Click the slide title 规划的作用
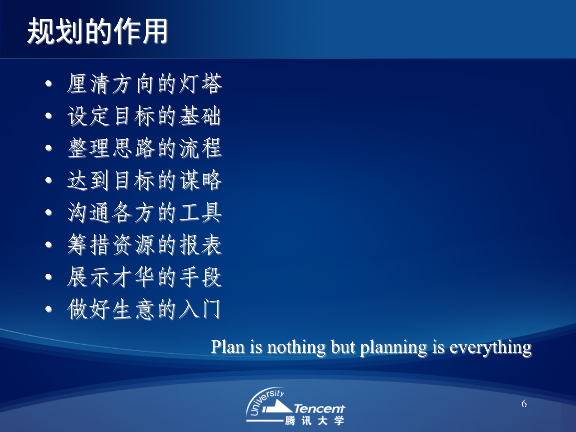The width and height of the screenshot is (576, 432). coord(97,31)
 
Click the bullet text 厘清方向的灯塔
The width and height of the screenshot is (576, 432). coord(144,83)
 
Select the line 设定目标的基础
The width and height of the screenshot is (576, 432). coord(144,116)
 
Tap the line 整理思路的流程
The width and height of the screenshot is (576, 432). coord(144,148)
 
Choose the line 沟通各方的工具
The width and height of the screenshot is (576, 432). coord(144,212)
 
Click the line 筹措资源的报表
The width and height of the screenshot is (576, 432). coord(144,245)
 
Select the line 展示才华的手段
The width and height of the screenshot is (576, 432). coord(144,277)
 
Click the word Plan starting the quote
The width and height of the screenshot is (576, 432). coord(228,347)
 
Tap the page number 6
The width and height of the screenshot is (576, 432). coord(524,404)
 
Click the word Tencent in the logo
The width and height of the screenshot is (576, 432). coord(319,409)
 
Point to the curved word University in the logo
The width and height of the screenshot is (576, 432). coord(264,399)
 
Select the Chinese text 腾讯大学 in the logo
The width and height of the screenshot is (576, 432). coord(314,421)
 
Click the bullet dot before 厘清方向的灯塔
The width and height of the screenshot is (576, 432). coord(49,84)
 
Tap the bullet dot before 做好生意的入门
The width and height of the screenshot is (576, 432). coord(49,309)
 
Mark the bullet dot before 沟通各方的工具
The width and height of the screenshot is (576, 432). coord(49,213)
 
